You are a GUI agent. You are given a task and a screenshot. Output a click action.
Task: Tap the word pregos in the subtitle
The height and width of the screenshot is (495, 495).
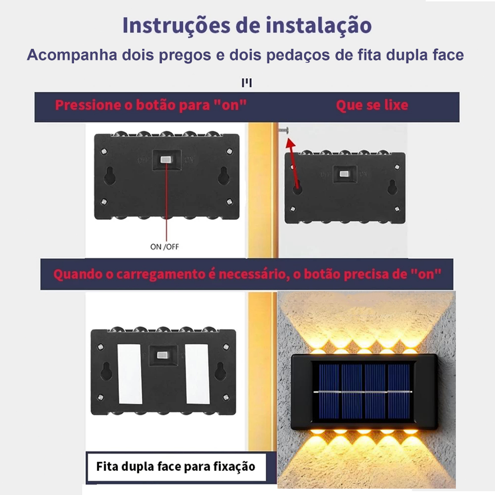point(185,55)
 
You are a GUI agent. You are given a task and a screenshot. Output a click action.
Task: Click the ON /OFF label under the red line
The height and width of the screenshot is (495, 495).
point(164,247)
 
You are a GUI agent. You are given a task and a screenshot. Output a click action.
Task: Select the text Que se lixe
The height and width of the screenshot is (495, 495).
point(372,105)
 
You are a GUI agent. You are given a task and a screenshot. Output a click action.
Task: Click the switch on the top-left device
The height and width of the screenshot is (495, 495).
point(166,160)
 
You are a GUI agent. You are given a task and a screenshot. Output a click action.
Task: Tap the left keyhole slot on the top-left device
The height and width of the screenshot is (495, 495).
point(110,175)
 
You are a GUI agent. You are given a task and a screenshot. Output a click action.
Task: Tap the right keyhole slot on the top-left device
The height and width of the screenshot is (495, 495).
point(223,175)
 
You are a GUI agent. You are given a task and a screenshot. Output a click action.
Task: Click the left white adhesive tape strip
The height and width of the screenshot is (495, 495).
point(130,374)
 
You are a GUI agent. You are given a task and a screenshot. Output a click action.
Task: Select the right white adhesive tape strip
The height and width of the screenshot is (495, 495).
point(197,374)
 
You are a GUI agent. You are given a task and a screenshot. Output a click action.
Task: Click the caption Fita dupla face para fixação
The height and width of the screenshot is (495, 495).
point(175,466)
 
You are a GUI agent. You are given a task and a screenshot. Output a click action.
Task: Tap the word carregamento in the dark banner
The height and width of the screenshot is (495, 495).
point(160,275)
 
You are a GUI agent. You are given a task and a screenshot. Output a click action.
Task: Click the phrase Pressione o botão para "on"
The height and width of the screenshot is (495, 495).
point(151,105)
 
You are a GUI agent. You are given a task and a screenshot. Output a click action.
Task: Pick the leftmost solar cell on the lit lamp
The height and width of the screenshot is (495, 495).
point(329,392)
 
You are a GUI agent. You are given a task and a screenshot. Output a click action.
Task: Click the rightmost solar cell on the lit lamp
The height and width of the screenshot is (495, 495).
point(399,392)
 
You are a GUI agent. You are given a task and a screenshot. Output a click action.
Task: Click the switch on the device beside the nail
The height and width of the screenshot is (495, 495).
point(344,174)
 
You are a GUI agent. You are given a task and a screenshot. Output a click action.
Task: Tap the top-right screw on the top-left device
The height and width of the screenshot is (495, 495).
point(230,151)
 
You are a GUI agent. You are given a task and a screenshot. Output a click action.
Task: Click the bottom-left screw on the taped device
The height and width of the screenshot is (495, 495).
point(101,397)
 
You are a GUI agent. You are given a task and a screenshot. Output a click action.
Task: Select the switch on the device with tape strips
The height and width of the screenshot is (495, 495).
point(162,355)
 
